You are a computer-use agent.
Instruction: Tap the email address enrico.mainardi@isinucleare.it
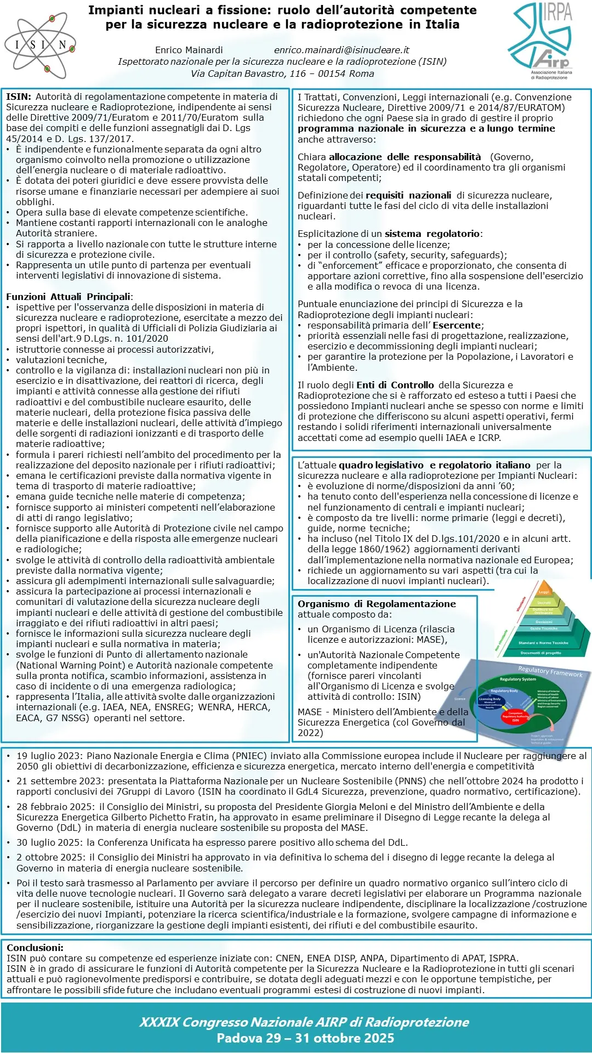point(341,50)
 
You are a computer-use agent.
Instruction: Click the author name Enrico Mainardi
point(189,50)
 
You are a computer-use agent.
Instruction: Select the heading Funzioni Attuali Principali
point(69,297)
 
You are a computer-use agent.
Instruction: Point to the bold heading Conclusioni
point(35,948)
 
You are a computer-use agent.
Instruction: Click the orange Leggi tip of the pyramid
point(544,592)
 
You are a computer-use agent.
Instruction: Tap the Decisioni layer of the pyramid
point(544,622)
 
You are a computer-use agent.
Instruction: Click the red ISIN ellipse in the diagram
point(515,717)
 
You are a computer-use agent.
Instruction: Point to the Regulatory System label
point(517,680)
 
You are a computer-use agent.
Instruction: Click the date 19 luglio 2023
point(49,756)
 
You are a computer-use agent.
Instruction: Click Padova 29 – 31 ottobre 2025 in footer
point(305,1038)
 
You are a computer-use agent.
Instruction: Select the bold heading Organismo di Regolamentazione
point(377,604)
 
